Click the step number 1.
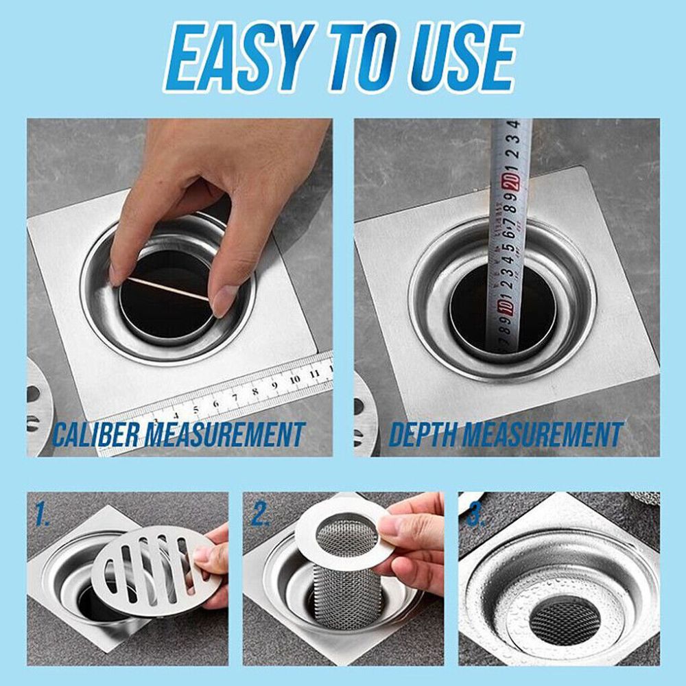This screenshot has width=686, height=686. click(x=42, y=513)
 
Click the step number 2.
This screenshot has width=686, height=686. click(x=260, y=513)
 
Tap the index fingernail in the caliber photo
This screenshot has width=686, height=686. click(x=115, y=275)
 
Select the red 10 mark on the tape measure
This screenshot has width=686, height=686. click(x=508, y=306)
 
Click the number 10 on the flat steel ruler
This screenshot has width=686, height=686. click(x=295, y=379)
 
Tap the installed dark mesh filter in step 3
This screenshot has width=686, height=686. click(x=565, y=622)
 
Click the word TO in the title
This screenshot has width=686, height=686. click(x=356, y=57)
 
